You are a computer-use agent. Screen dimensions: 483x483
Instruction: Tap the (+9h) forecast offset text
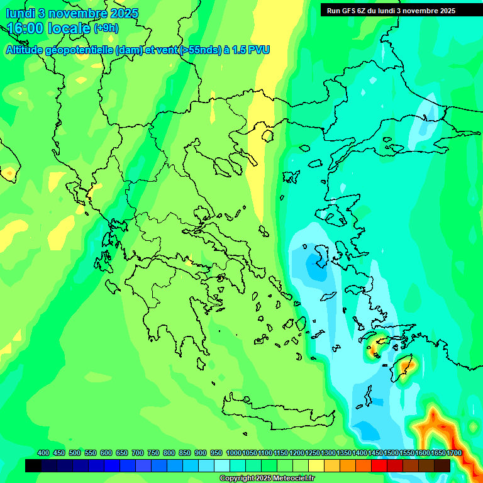(106, 28)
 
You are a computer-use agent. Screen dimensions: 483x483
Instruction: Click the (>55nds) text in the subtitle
(196, 50)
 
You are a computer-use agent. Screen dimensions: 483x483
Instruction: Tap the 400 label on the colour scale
(43, 453)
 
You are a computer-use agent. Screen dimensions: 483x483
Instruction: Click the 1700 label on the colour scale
(454, 453)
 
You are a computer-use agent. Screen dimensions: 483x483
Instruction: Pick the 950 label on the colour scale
(216, 453)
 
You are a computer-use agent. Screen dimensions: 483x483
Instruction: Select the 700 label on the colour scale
(138, 453)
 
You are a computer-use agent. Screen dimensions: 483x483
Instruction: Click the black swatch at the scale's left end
(33, 465)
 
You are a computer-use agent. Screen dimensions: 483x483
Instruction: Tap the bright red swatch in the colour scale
(379, 465)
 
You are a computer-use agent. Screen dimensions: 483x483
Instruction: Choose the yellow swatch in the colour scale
(316, 465)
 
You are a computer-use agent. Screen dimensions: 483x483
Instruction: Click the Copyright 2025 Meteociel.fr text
(267, 479)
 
